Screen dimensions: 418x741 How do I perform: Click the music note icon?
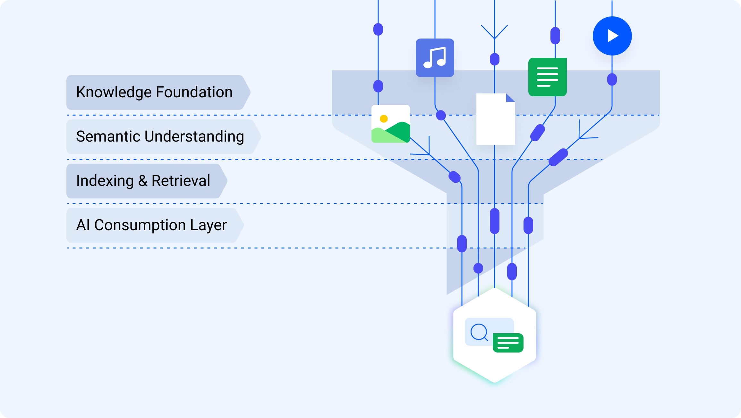[435, 58]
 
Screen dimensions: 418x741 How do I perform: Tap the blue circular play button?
[612, 36]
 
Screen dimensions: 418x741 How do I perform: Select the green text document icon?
[547, 77]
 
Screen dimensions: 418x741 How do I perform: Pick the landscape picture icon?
[390, 124]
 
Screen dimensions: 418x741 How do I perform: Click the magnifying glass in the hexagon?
[479, 332]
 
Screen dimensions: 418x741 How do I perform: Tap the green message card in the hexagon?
[508, 343]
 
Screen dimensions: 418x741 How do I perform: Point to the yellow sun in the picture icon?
[384, 119]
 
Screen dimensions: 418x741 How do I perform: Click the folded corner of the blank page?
[510, 98]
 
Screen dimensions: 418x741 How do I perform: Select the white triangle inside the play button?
[613, 36]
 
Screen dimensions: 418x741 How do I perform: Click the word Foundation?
[194, 92]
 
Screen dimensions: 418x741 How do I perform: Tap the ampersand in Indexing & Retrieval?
[143, 181]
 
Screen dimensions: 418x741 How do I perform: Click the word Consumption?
[140, 225]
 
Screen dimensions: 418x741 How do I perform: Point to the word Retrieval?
[181, 181]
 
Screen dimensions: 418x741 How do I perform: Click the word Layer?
[208, 225]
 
